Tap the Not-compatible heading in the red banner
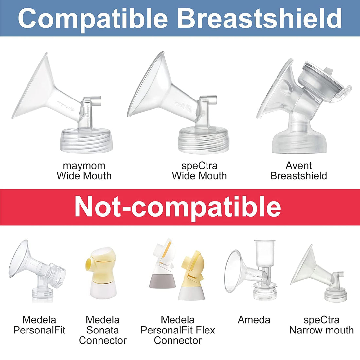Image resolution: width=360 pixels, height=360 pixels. point(178,207)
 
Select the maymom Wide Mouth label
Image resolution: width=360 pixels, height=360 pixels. point(84,171)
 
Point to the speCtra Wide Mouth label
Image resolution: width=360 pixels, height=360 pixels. point(199,171)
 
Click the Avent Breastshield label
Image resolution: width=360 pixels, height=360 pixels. point(298,171)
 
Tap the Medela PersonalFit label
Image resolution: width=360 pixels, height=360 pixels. point(39,325)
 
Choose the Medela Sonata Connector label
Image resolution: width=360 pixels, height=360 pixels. point(102,330)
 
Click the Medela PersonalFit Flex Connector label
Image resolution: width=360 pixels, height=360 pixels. point(178,330)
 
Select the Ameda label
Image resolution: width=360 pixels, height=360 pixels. point(254,320)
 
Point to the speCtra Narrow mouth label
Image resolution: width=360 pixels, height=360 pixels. point(321,325)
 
